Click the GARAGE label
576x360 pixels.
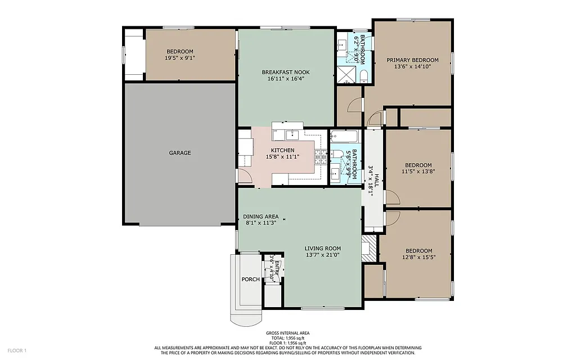click(180, 152)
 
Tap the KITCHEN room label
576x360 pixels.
click(282, 150)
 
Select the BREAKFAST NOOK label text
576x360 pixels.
click(285, 72)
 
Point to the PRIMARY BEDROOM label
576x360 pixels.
click(412, 60)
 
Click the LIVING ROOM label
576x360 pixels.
click(322, 248)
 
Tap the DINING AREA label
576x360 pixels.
click(260, 217)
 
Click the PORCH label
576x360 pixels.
click(250, 280)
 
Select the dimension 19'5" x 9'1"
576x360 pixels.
click(180, 58)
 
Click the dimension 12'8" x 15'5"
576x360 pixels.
click(417, 258)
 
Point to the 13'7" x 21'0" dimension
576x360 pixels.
click(322, 255)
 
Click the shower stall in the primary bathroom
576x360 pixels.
click(345, 75)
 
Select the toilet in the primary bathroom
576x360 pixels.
click(363, 76)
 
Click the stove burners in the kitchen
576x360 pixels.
click(320, 156)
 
